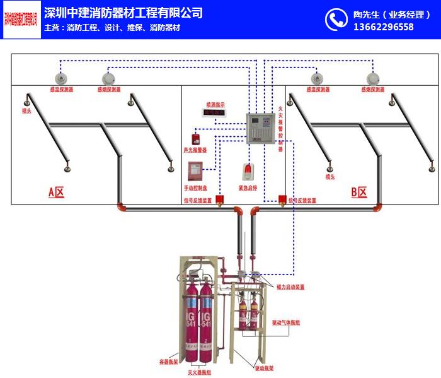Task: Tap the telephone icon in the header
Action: click(336, 20)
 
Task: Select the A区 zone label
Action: click(57, 192)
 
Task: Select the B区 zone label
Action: click(358, 192)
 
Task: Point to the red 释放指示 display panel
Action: click(214, 113)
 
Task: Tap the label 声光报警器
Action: click(195, 150)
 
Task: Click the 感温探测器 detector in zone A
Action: click(61, 79)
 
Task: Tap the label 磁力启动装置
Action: click(290, 286)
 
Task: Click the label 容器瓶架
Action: click(170, 362)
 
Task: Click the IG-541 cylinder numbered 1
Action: click(191, 322)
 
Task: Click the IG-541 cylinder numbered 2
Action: click(205, 322)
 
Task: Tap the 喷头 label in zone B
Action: click(329, 177)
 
